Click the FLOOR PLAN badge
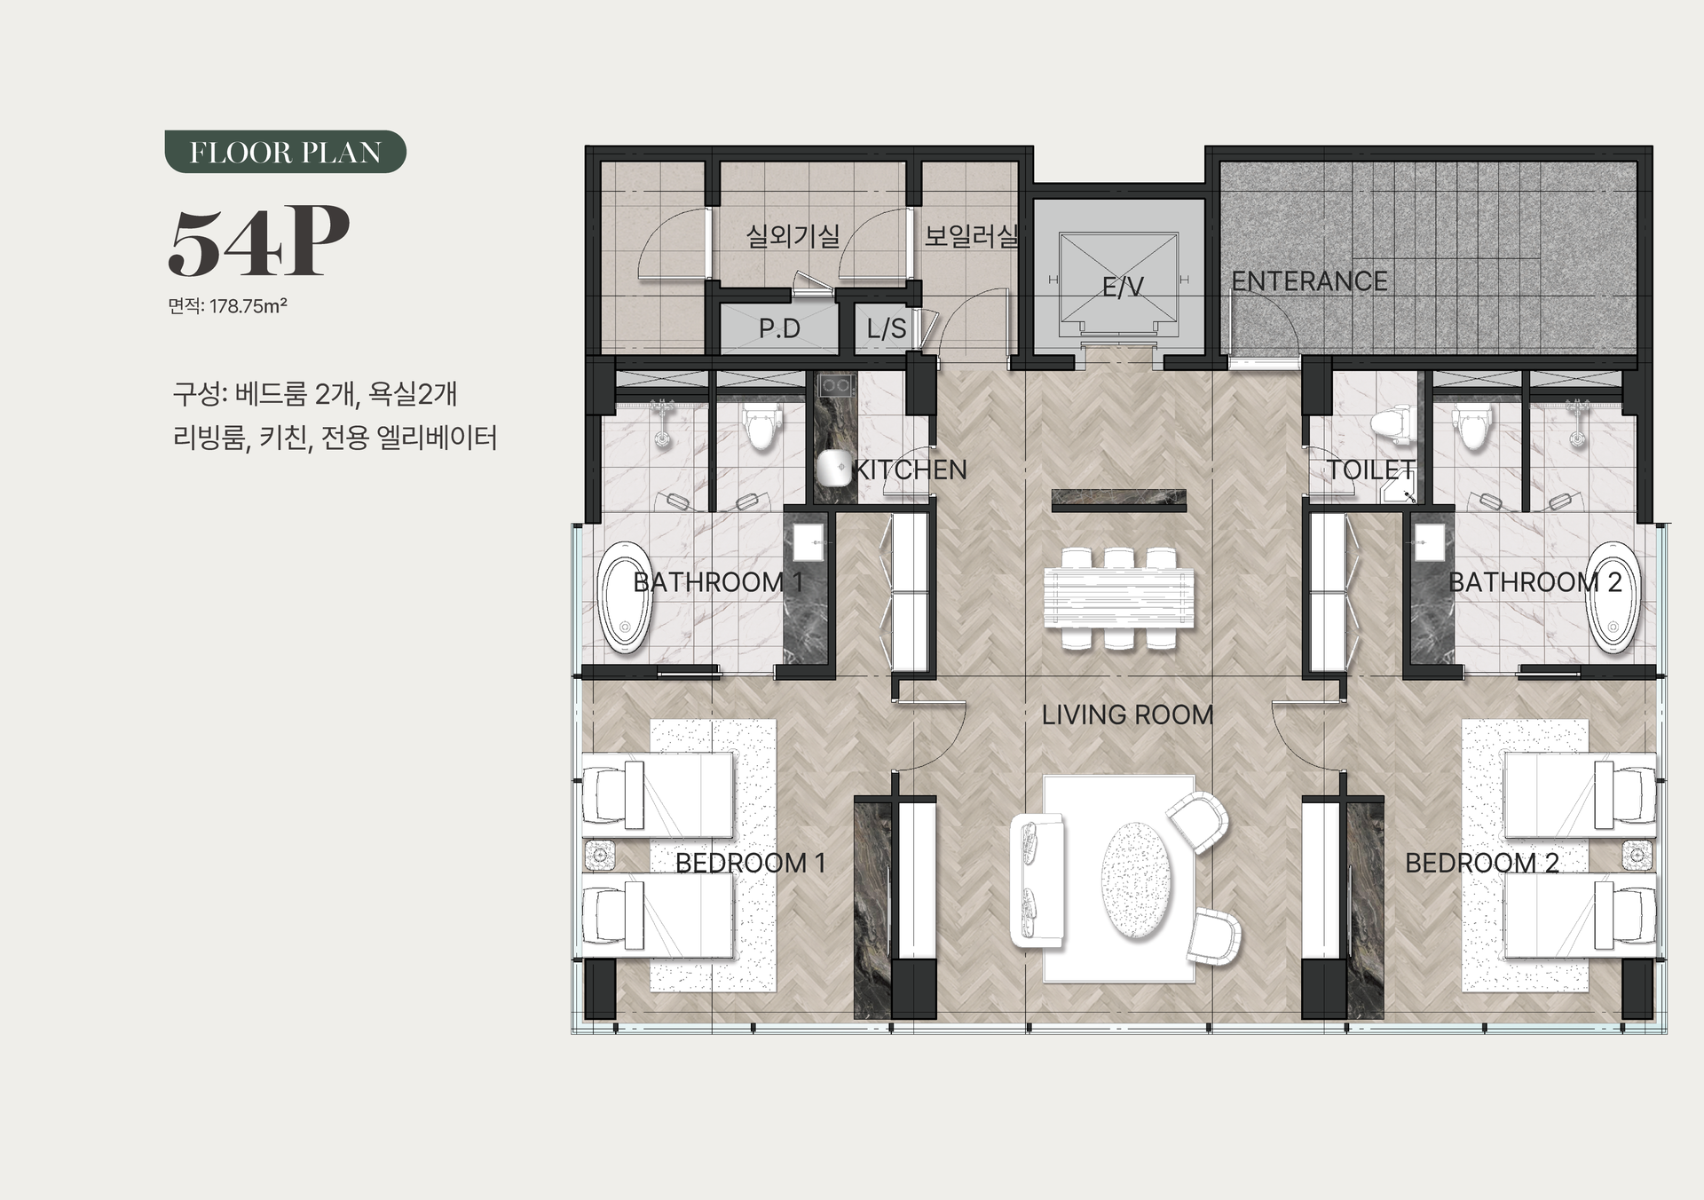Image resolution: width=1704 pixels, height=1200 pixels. coord(285,152)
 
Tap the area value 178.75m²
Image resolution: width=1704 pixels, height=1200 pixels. coord(248,306)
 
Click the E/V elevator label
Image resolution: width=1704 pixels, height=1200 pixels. coord(1123,288)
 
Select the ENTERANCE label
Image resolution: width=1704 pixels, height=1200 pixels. coord(1309,281)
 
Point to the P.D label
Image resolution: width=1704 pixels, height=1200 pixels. coord(779,329)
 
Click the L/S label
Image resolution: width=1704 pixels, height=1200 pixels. coord(887,329)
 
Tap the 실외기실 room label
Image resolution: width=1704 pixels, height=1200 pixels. coord(793,236)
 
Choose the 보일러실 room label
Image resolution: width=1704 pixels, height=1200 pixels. coord(972,236)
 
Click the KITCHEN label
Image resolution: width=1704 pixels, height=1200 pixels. coord(910,470)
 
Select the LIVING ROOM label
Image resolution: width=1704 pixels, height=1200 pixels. coord(1127,714)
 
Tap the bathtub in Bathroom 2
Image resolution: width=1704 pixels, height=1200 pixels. coord(1612,597)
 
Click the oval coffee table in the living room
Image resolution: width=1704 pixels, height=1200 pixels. coord(1135,880)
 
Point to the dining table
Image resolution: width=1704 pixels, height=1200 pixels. coord(1119,598)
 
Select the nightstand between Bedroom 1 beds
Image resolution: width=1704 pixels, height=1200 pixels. coord(601,856)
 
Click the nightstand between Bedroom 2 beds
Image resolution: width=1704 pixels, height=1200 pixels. coord(1638,856)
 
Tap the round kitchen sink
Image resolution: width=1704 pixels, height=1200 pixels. coord(834,468)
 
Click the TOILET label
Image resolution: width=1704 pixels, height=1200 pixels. coord(1371,470)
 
